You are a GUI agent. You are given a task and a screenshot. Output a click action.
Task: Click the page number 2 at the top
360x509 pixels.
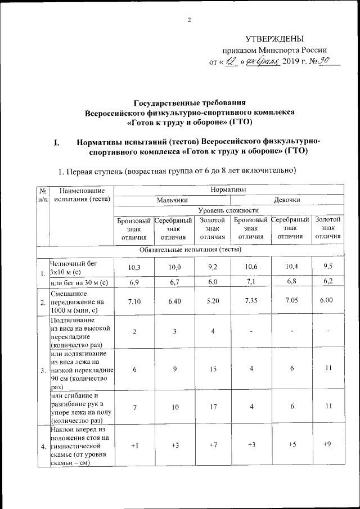pos(189,21)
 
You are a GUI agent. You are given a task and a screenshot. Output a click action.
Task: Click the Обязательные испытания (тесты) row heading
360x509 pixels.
pos(189,249)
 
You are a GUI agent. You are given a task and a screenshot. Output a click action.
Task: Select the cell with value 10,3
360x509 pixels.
pos(134,267)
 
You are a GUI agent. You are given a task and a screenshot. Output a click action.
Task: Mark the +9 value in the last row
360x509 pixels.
pos(327,445)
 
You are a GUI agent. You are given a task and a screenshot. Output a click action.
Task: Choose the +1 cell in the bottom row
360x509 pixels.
pos(134,445)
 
